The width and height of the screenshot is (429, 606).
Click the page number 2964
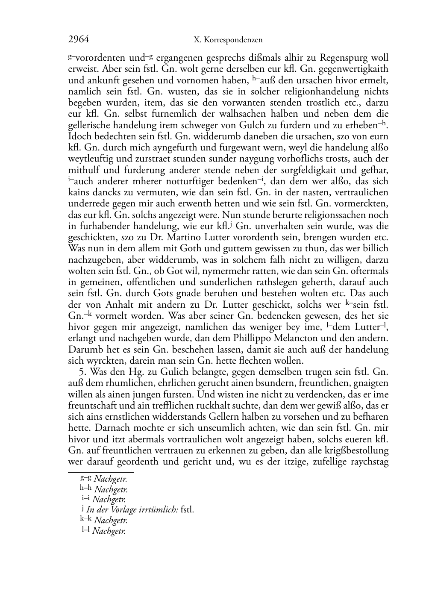click(x=79, y=40)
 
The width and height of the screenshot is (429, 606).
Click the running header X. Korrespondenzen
click(x=228, y=40)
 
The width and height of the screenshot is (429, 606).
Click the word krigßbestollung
click(x=358, y=450)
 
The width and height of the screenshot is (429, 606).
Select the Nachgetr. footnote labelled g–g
click(x=110, y=479)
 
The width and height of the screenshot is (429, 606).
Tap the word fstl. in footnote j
click(x=188, y=509)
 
